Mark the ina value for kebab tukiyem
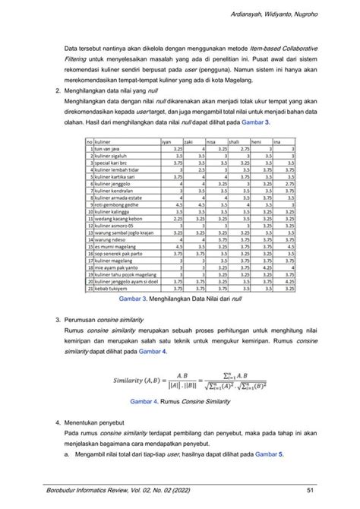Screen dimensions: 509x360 pyautogui.click(x=289, y=289)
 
